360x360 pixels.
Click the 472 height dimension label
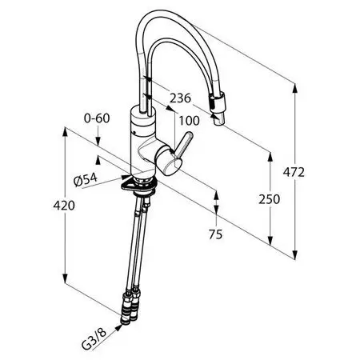(294, 172)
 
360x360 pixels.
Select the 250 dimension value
(270, 199)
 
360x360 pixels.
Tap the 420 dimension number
(64, 206)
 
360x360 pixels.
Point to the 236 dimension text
(181, 98)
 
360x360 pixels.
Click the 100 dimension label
(189, 121)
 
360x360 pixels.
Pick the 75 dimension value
(215, 234)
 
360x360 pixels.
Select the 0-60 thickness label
(97, 118)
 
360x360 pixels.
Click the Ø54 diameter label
(86, 179)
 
